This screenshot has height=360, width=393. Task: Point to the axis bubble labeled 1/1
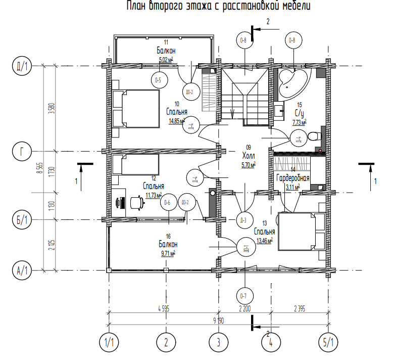pyautogui.click(x=109, y=342)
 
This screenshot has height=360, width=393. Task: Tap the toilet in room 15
pyautogui.click(x=314, y=136)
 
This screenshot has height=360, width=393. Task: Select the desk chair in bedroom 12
pyautogui.click(x=137, y=202)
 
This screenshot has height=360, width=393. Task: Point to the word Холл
pyautogui.click(x=249, y=156)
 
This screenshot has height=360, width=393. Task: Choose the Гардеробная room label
pyautogui.click(x=292, y=178)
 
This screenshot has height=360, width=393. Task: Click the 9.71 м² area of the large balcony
pyautogui.click(x=167, y=252)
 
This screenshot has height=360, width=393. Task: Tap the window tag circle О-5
pyautogui.click(x=159, y=80)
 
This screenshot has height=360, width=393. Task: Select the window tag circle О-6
pyautogui.click(x=167, y=203)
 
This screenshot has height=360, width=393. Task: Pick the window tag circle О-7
pyautogui.click(x=244, y=295)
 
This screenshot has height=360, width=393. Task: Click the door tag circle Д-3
pyautogui.click(x=243, y=219)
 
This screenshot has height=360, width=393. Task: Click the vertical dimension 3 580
pyautogui.click(x=51, y=109)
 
